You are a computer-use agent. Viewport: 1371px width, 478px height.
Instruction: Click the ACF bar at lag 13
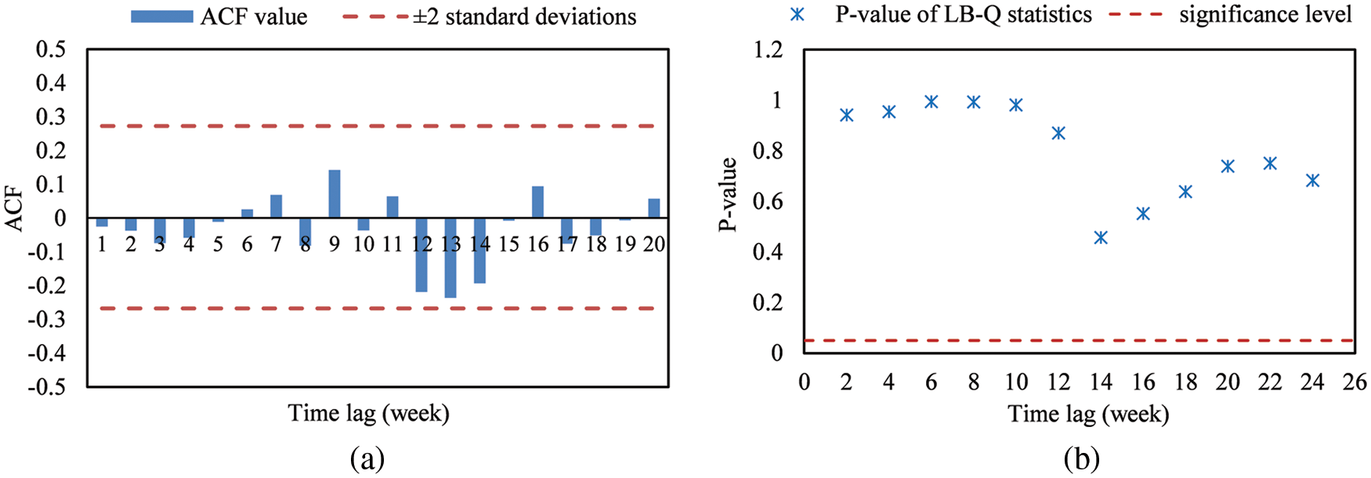click(450, 258)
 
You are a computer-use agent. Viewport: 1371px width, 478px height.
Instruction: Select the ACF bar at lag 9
click(335, 194)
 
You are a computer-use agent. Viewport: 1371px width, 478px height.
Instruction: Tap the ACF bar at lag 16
click(537, 202)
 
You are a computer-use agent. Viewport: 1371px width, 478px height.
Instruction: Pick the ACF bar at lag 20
click(653, 208)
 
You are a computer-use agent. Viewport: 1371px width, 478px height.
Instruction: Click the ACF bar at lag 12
click(421, 255)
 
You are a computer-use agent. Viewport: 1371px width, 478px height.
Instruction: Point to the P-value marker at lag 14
click(1101, 237)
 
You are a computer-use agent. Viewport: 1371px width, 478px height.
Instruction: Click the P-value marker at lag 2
click(846, 115)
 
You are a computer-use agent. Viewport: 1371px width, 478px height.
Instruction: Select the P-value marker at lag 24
click(1312, 181)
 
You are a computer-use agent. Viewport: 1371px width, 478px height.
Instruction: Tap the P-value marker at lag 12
click(1058, 133)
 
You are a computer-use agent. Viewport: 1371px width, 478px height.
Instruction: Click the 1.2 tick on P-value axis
click(767, 49)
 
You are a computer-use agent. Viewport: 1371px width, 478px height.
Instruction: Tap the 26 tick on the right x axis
click(1355, 382)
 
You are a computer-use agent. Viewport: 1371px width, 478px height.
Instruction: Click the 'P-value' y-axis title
click(728, 194)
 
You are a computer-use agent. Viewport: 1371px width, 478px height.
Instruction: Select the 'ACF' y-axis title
click(14, 208)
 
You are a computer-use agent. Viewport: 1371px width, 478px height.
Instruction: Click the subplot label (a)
click(367, 458)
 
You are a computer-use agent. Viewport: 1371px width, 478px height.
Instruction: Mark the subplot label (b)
click(1081, 458)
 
